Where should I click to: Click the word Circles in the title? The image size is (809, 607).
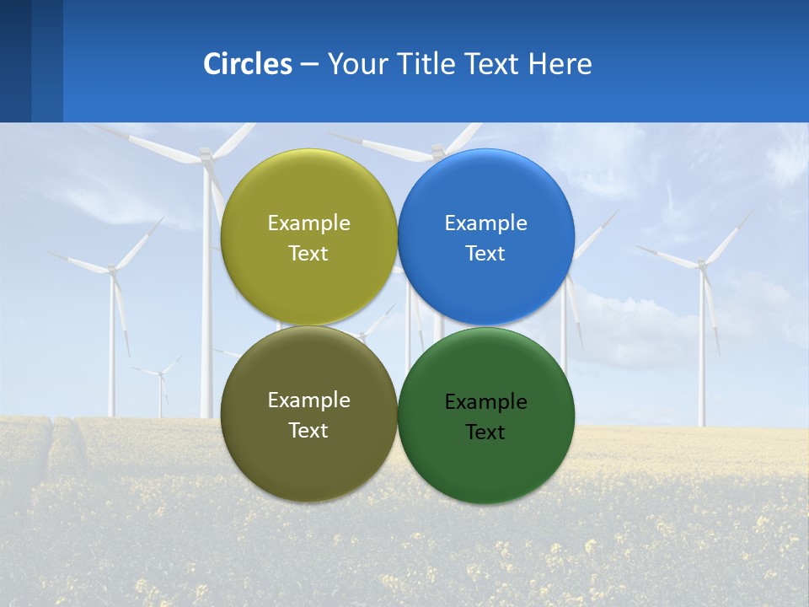pyautogui.click(x=247, y=64)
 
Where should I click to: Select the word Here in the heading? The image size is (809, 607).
pyautogui.click(x=560, y=64)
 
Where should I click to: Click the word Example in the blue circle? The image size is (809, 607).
pyautogui.click(x=485, y=223)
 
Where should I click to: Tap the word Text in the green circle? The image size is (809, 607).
pyautogui.click(x=485, y=432)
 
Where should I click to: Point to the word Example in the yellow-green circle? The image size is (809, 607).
pyautogui.click(x=308, y=223)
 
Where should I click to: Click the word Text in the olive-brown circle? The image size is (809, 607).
pyautogui.click(x=308, y=431)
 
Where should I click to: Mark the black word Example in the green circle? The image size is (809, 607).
pyautogui.click(x=485, y=402)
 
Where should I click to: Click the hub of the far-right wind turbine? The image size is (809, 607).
pyautogui.click(x=701, y=264)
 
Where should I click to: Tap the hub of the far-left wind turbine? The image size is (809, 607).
pyautogui.click(x=111, y=269)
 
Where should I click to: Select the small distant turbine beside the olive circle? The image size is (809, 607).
pyautogui.click(x=160, y=375)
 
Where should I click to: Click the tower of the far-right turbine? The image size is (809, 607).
pyautogui.click(x=701, y=354)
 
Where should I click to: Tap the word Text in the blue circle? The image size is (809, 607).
pyautogui.click(x=485, y=254)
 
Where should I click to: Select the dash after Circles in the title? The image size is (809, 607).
pyautogui.click(x=309, y=64)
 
